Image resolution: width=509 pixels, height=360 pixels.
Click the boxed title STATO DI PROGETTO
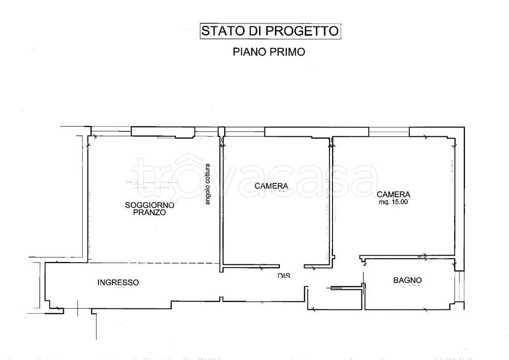[270, 31]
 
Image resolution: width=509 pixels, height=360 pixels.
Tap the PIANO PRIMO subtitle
[269, 52]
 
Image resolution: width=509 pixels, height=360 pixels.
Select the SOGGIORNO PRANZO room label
[150, 208]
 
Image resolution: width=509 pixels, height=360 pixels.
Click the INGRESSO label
[118, 282]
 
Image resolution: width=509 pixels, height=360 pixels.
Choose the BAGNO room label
[408, 280]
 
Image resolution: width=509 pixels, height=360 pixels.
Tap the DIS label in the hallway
[284, 275]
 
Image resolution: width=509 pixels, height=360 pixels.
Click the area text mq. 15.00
[393, 202]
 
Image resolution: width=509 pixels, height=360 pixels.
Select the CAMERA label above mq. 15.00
[393, 194]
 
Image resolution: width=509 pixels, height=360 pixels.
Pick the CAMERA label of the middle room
[271, 186]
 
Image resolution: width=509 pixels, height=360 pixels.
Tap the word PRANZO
[150, 212]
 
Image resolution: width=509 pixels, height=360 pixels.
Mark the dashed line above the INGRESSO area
[154, 263]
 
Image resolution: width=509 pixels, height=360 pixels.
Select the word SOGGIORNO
[150, 205]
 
